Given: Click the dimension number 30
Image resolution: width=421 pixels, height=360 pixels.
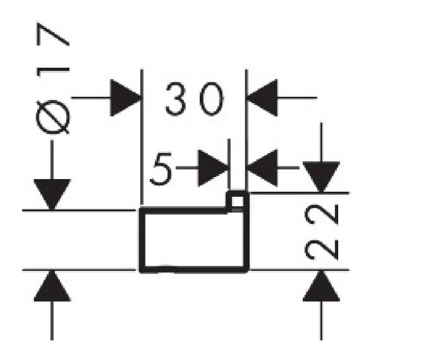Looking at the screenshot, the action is [195, 99].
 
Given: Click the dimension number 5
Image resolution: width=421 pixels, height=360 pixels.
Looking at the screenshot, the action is [161, 169].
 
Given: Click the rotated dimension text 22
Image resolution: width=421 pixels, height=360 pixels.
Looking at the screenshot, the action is [321, 232].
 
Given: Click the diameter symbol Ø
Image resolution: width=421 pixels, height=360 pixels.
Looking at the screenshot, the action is [52, 117].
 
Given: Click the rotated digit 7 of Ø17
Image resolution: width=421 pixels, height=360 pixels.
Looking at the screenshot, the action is [52, 34].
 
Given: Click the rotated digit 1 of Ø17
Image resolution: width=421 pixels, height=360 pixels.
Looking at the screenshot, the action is [52, 72].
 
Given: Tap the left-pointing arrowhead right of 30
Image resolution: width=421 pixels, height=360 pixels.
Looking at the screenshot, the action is [262, 98].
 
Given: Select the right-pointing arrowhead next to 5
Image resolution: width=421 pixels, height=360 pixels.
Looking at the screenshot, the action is [213, 168].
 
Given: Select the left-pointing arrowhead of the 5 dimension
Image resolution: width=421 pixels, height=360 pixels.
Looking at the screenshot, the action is [262, 168].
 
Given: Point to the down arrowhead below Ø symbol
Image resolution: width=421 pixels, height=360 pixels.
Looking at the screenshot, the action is [52, 194].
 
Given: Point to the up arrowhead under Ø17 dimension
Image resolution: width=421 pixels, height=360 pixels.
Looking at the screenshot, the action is [52, 286].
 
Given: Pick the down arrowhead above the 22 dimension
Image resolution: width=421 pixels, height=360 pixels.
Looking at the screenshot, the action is [321, 177].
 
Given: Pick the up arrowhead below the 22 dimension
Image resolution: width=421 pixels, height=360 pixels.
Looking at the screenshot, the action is [321, 286].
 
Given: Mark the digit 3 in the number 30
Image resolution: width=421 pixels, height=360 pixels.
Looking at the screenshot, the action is [176, 99].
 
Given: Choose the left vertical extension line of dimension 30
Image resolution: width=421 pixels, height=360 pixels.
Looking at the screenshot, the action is [142, 137].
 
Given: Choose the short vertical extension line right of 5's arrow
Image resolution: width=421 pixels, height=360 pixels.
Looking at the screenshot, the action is [229, 164].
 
